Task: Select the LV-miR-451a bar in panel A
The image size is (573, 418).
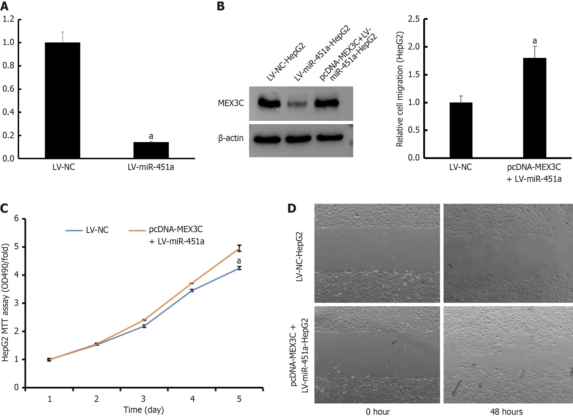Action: point(151,150)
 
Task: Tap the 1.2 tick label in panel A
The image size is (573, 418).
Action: point(8,19)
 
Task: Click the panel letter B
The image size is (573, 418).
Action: point(220,6)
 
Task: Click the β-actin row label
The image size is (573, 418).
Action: point(231,138)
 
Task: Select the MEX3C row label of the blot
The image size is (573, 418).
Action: point(231,103)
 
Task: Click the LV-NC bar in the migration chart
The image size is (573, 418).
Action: point(461,130)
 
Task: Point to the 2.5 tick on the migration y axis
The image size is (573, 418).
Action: point(414,19)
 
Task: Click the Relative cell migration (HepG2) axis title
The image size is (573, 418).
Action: point(400,89)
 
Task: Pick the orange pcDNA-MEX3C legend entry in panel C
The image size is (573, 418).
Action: point(167,235)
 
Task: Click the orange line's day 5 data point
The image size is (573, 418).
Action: point(239,249)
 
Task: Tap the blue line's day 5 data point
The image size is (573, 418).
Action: point(239,268)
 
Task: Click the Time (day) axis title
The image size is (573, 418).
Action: point(143,410)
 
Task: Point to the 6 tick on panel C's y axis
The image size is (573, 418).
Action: point(17,218)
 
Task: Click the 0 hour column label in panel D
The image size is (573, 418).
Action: point(378,412)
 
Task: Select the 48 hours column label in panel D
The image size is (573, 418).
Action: point(506,412)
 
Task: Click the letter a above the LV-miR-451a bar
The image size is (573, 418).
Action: point(151,136)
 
